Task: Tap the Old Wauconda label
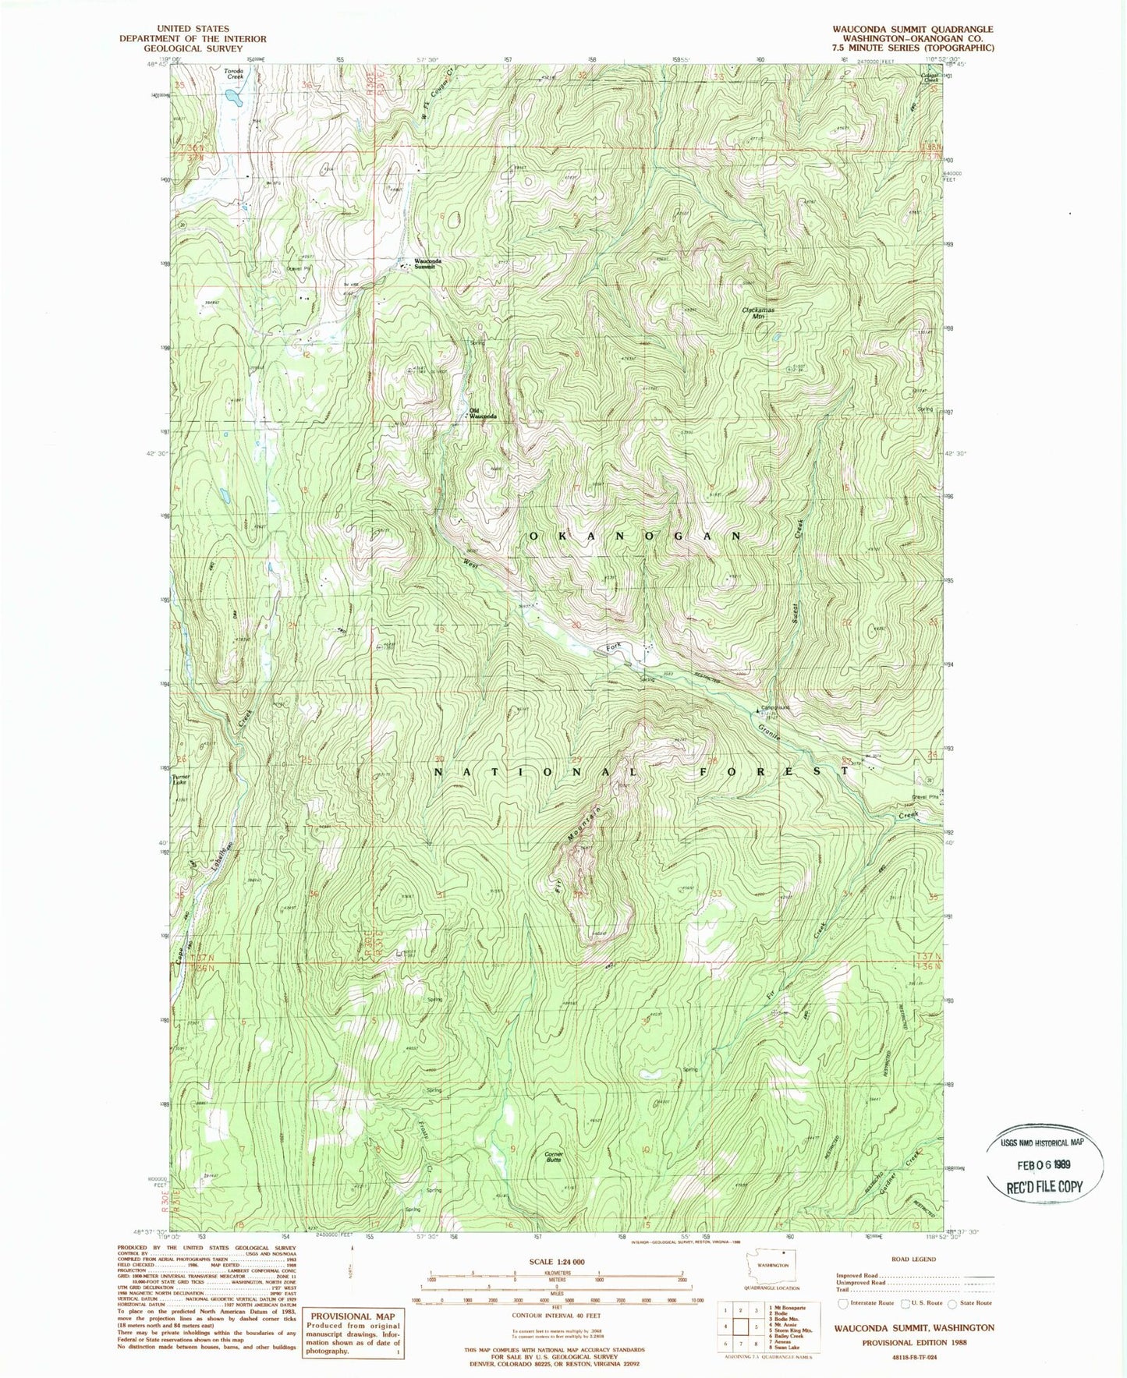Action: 482,413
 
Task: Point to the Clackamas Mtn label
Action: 757,314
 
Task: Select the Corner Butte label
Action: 554,1157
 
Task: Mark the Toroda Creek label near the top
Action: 234,74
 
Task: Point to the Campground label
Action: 775,708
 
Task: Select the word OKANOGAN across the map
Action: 636,537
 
